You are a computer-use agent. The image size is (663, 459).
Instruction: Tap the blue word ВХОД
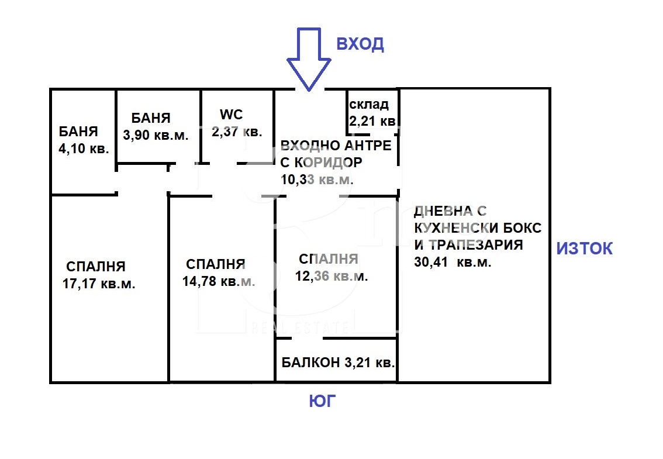(359, 44)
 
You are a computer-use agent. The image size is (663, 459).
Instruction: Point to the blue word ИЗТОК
(584, 249)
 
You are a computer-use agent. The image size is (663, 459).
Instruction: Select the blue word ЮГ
(323, 401)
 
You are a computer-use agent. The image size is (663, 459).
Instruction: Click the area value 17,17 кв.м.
(99, 285)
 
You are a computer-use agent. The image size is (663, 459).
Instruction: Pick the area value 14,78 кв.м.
(219, 281)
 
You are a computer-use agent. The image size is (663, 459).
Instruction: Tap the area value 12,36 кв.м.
(332, 277)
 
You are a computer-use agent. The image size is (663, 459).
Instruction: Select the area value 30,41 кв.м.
(452, 263)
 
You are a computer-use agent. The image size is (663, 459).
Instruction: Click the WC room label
(231, 114)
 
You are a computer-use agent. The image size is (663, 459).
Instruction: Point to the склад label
(369, 105)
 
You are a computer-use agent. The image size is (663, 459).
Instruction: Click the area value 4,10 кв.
(84, 149)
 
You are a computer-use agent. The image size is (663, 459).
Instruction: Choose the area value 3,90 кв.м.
(156, 135)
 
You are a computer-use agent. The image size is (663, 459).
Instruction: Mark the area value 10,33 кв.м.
(317, 180)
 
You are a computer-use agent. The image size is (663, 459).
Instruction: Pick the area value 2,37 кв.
(236, 132)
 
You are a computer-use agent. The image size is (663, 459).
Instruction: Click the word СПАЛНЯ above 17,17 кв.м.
(96, 267)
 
